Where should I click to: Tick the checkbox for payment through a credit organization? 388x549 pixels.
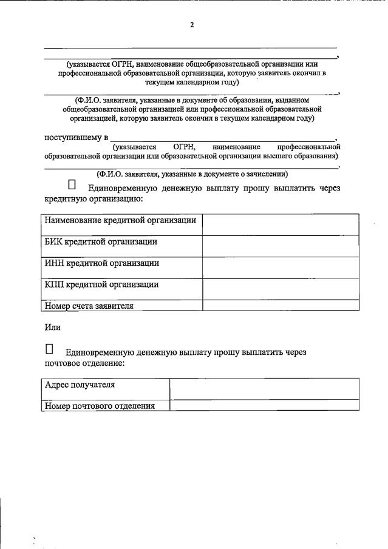pos(72,184)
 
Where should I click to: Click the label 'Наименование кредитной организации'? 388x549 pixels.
pos(120,220)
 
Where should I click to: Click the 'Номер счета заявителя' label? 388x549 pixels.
pos(89,306)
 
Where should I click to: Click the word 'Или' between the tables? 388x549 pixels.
pos(53,328)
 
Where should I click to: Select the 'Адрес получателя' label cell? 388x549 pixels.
pos(80,385)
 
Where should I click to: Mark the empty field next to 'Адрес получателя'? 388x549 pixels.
pos(264,389)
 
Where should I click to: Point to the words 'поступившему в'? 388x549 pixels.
pos(76,138)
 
